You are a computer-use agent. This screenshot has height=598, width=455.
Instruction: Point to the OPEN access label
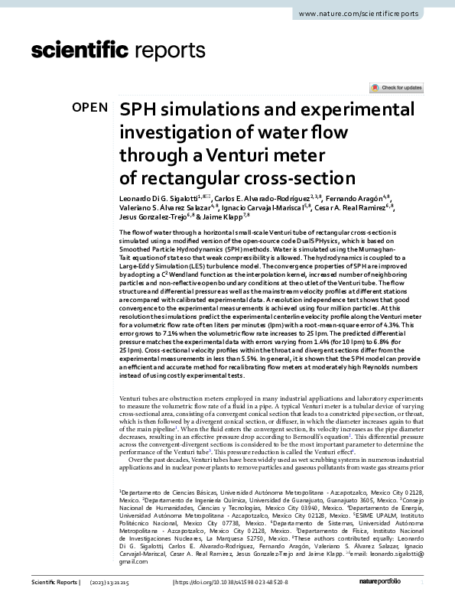coord(90,108)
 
